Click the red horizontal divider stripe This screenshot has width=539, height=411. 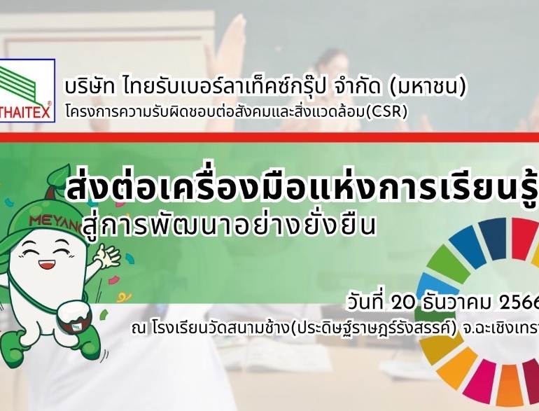269,137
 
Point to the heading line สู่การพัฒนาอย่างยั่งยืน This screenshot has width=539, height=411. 229,225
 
